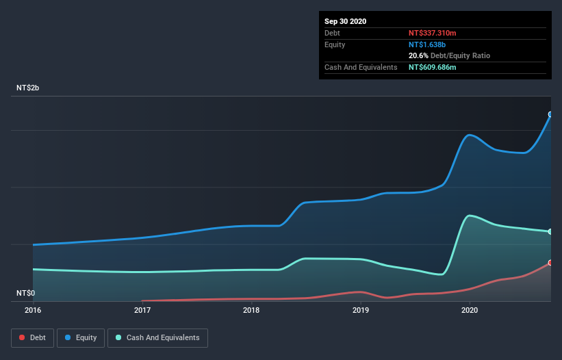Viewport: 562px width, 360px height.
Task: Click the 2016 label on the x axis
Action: click(33, 310)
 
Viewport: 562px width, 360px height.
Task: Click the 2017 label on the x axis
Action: click(142, 310)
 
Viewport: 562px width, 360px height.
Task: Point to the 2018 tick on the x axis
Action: click(251, 310)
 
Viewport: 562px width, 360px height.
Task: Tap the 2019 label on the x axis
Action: click(361, 310)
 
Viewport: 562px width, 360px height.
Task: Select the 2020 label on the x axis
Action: click(470, 310)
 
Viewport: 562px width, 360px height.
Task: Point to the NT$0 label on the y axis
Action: click(26, 293)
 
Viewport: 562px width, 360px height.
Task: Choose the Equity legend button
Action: click(81, 337)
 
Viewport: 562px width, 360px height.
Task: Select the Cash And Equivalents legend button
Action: click(157, 337)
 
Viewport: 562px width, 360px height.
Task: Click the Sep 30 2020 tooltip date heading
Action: click(346, 21)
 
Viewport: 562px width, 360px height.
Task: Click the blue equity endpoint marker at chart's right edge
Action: click(550, 114)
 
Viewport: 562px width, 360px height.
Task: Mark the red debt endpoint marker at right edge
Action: click(550, 263)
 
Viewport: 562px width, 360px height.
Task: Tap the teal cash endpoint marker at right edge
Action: click(550, 231)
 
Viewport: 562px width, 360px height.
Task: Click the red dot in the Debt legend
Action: click(22, 337)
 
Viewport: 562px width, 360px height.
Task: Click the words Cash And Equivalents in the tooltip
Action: click(361, 67)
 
